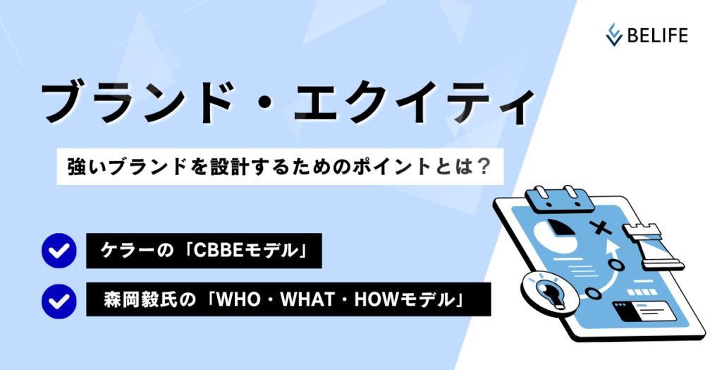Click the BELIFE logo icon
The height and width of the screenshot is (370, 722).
[614, 35]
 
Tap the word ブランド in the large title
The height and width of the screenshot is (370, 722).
[136, 103]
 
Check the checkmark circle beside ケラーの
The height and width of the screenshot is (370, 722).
[59, 251]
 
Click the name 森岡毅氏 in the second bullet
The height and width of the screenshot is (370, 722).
[140, 300]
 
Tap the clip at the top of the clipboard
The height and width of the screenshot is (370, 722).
[557, 199]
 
